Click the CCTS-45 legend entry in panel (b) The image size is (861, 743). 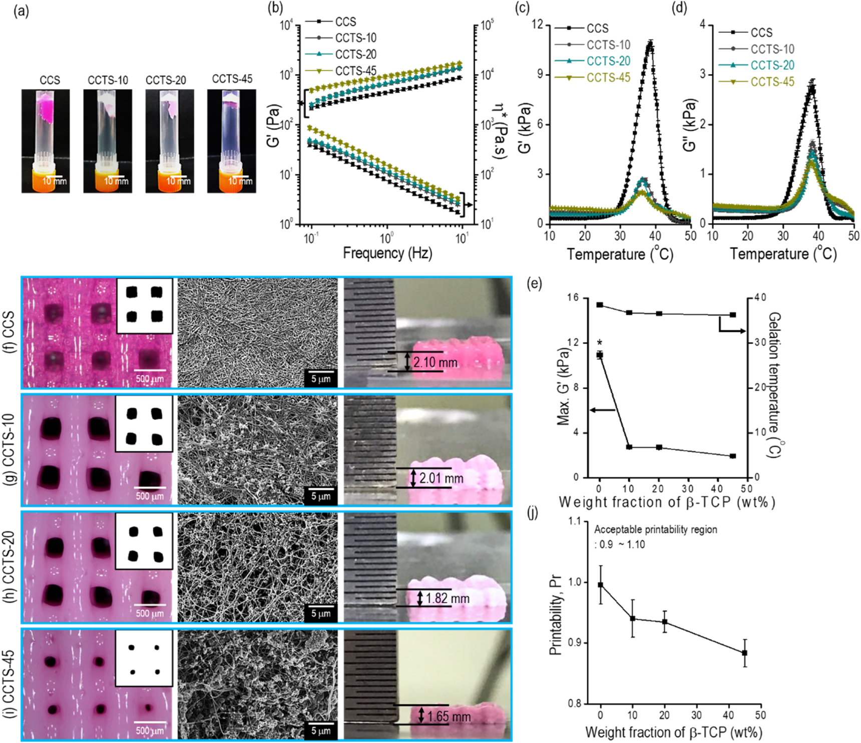point(355,71)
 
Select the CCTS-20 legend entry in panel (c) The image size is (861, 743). point(608,61)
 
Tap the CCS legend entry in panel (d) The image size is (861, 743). point(761,33)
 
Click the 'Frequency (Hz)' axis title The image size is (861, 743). point(387,253)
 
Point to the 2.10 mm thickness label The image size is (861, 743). point(435,362)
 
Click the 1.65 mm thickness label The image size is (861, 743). point(449,716)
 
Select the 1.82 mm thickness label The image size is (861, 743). point(448,598)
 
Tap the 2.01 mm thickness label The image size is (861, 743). point(441,478)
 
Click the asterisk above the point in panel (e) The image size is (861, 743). point(600,343)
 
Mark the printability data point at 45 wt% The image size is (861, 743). point(744,653)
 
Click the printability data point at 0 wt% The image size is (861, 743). point(601,584)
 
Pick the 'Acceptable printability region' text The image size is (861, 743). point(655,529)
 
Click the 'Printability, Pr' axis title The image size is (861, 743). point(555,615)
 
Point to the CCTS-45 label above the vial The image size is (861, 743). point(232,79)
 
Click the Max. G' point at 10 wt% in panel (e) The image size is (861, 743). point(629,447)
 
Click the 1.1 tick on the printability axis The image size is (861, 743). point(574,521)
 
